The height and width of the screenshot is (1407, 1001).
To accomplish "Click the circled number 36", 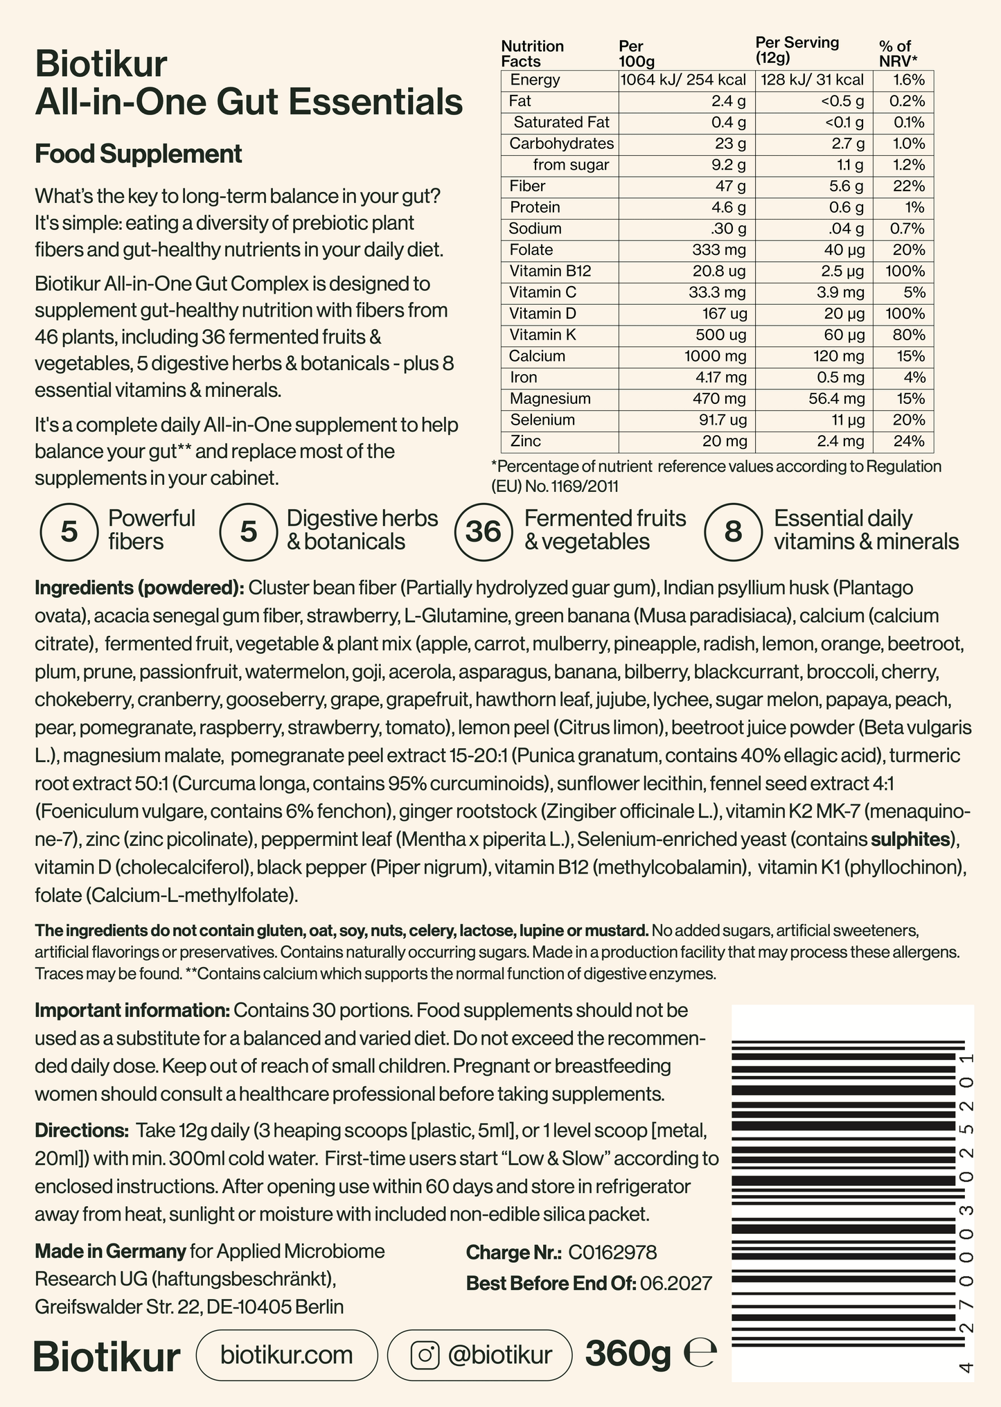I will click(x=483, y=531).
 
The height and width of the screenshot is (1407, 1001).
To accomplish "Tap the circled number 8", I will click(x=732, y=531).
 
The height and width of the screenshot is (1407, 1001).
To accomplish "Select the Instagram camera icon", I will click(x=425, y=1355).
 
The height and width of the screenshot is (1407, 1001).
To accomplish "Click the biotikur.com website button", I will click(x=287, y=1355).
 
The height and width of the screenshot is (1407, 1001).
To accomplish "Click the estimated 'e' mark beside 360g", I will click(x=700, y=1354).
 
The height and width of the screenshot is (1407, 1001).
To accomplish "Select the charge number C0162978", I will click(x=612, y=1253).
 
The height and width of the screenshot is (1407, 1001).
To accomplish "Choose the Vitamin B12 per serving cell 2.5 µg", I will click(x=840, y=271).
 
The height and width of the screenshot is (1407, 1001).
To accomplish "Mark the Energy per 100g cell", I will click(x=683, y=80).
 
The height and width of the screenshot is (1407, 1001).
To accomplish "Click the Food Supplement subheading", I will click(x=139, y=154).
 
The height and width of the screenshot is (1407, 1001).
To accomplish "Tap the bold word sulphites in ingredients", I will click(x=910, y=840).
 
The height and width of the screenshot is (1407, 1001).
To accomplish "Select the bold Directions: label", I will click(x=82, y=1131).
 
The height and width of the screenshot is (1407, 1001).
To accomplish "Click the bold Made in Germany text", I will click(x=110, y=1252).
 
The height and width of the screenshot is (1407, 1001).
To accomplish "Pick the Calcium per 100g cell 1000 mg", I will click(x=715, y=356).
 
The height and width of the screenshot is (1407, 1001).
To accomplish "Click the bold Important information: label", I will click(x=132, y=1010).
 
